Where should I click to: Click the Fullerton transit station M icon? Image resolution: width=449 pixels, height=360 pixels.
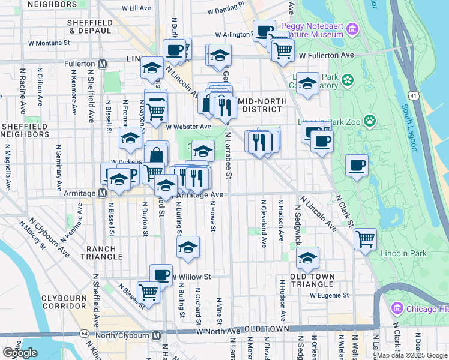point(103,64)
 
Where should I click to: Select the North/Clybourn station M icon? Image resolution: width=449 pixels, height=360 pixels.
point(155,335)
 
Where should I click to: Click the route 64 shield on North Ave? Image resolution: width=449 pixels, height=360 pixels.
point(85,333)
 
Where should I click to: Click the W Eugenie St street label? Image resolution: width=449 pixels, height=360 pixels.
point(329,295)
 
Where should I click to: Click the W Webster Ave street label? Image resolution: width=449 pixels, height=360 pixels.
point(189,127)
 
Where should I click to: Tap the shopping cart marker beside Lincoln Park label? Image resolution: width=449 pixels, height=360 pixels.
point(365,239)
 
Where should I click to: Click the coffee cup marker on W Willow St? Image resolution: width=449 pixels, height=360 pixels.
point(161,274)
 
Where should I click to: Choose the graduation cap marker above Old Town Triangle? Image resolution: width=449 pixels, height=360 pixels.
point(307,257)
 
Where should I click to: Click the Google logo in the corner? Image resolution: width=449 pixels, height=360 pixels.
point(20,353)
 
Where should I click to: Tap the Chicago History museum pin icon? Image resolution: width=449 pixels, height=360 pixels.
point(396,309)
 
